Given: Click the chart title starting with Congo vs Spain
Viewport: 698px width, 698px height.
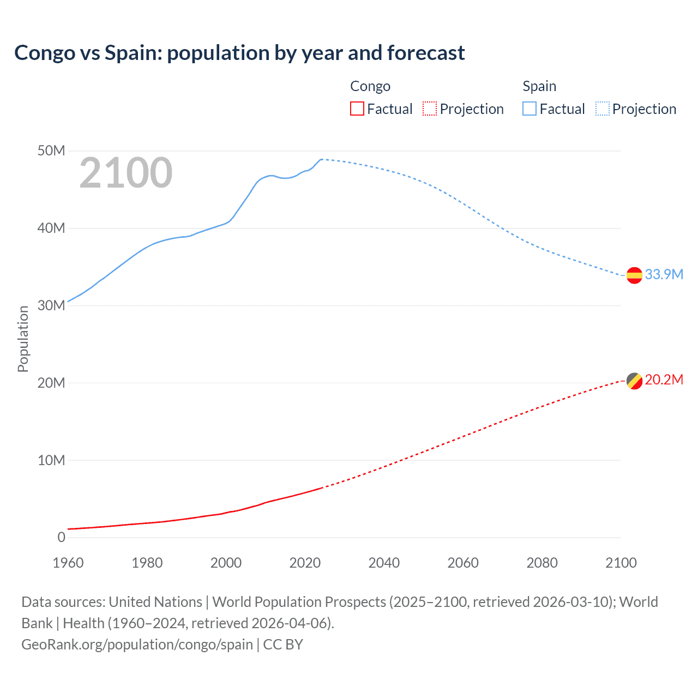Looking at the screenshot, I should pos(239,53).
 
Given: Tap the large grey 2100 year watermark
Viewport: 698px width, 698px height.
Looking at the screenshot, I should pos(126,173).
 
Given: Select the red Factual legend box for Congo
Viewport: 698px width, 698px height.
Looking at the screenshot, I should pos(357,109).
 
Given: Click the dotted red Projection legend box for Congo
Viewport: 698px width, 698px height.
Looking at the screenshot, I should pos(430,109).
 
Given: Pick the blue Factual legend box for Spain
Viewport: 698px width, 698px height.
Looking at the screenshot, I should pos(529,109).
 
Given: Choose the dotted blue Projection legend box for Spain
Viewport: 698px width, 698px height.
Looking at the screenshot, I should pos(603,109).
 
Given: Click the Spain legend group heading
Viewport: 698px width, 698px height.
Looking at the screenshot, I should pos(539,86).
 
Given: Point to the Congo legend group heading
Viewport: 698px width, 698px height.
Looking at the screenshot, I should pos(370,86).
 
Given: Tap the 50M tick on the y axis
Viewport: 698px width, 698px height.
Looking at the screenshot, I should pos(51,151).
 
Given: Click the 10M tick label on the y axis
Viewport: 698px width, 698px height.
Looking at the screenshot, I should pos(51,460).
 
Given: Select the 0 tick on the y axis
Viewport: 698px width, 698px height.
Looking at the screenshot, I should pos(61,537).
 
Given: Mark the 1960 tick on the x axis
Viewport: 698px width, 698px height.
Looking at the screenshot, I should pos(68,563).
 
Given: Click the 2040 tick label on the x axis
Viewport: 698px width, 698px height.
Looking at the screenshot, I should pos(384,563).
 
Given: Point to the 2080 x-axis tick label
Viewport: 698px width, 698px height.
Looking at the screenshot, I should pos(542,563).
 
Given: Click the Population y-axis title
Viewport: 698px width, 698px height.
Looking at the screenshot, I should pos(23,339).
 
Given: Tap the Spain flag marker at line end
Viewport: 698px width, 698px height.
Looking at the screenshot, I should pos(634,275).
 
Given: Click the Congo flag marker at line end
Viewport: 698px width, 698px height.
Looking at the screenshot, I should pos(634,381).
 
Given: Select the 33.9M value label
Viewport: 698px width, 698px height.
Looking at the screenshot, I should pos(664,274).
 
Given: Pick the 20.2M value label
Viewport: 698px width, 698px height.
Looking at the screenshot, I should pos(664,380).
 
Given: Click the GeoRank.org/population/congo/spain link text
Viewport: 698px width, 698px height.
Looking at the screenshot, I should pos(137,645).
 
